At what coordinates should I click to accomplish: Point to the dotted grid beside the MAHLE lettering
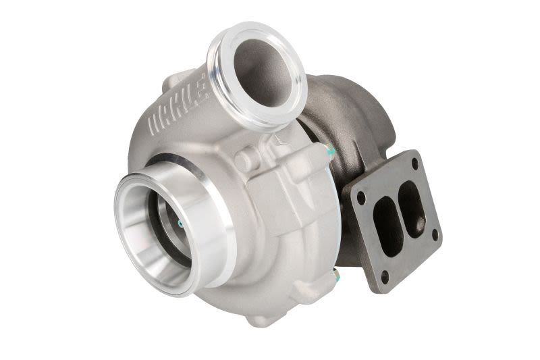point(204,87)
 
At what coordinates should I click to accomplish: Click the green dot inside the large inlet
point(179,224)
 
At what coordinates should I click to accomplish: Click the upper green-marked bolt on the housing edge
point(329,151)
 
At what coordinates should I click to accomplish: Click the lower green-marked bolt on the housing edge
point(336,273)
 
